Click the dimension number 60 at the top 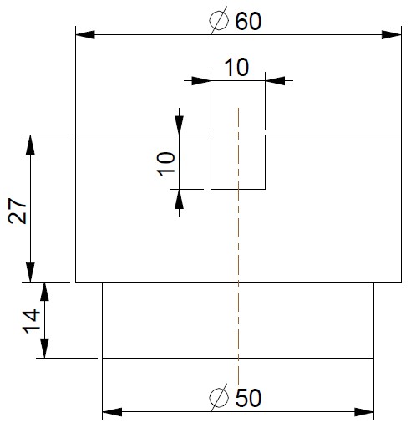click(x=248, y=21)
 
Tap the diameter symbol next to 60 click(x=219, y=20)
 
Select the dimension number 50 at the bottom click(x=248, y=398)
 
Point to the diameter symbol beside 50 click(x=219, y=397)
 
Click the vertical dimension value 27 click(x=18, y=211)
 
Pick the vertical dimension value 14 click(x=32, y=321)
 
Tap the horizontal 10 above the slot click(x=236, y=68)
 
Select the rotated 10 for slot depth click(x=166, y=164)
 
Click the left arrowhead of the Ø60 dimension click(x=85, y=35)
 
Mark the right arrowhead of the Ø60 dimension click(x=392, y=35)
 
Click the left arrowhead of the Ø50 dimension click(x=112, y=412)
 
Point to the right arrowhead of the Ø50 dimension click(x=364, y=412)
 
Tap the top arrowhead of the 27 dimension click(x=30, y=145)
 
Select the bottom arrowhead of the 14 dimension click(x=44, y=348)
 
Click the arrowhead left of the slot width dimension click(x=201, y=81)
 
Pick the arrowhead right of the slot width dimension click(x=275, y=81)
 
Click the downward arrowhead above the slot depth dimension click(x=179, y=125)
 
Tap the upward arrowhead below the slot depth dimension click(x=179, y=199)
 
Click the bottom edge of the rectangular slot click(x=238, y=189)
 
